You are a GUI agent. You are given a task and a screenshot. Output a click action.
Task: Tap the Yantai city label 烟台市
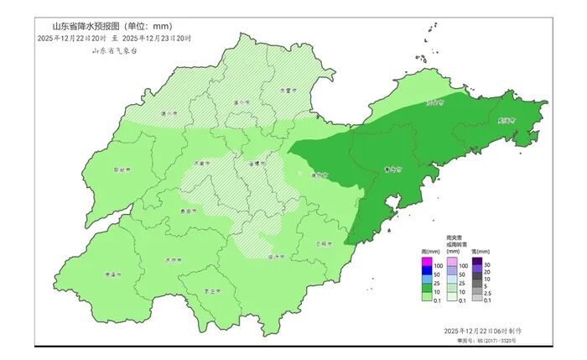434,103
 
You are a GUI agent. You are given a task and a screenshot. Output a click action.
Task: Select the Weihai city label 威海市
505,120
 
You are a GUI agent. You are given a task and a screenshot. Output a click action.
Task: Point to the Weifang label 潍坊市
319,175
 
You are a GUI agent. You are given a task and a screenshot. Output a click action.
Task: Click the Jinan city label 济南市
200,163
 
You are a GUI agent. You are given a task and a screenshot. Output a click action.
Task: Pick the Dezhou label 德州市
170,112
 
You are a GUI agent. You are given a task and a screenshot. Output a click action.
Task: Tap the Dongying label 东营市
288,91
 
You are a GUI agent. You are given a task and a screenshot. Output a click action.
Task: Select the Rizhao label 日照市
324,243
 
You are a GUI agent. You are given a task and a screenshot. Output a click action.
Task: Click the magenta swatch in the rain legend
426,266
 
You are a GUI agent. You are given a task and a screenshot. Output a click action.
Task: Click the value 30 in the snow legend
488,266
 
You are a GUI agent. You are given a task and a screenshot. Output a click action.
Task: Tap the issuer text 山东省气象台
115,51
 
